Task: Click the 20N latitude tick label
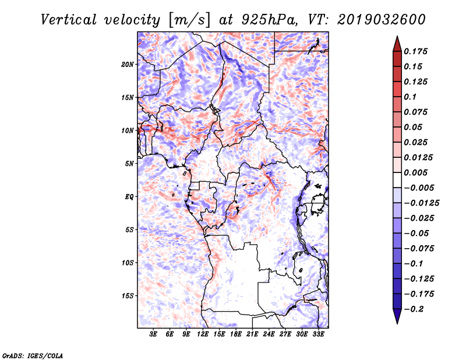128,65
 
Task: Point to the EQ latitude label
129,197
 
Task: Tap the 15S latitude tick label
128,296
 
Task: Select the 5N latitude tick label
129,164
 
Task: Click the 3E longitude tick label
153,334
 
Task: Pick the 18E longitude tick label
236,334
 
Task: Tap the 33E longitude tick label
318,334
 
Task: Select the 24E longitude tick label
269,334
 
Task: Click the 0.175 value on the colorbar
415,51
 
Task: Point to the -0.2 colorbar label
414,309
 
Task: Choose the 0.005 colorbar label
415,172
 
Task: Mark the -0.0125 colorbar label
422,203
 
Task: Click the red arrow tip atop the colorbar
397,36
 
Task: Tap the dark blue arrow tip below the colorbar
397,323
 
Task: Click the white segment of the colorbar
397,180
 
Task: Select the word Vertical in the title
68,20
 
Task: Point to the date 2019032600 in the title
382,20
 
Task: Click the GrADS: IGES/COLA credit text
33,356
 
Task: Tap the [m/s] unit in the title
189,20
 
